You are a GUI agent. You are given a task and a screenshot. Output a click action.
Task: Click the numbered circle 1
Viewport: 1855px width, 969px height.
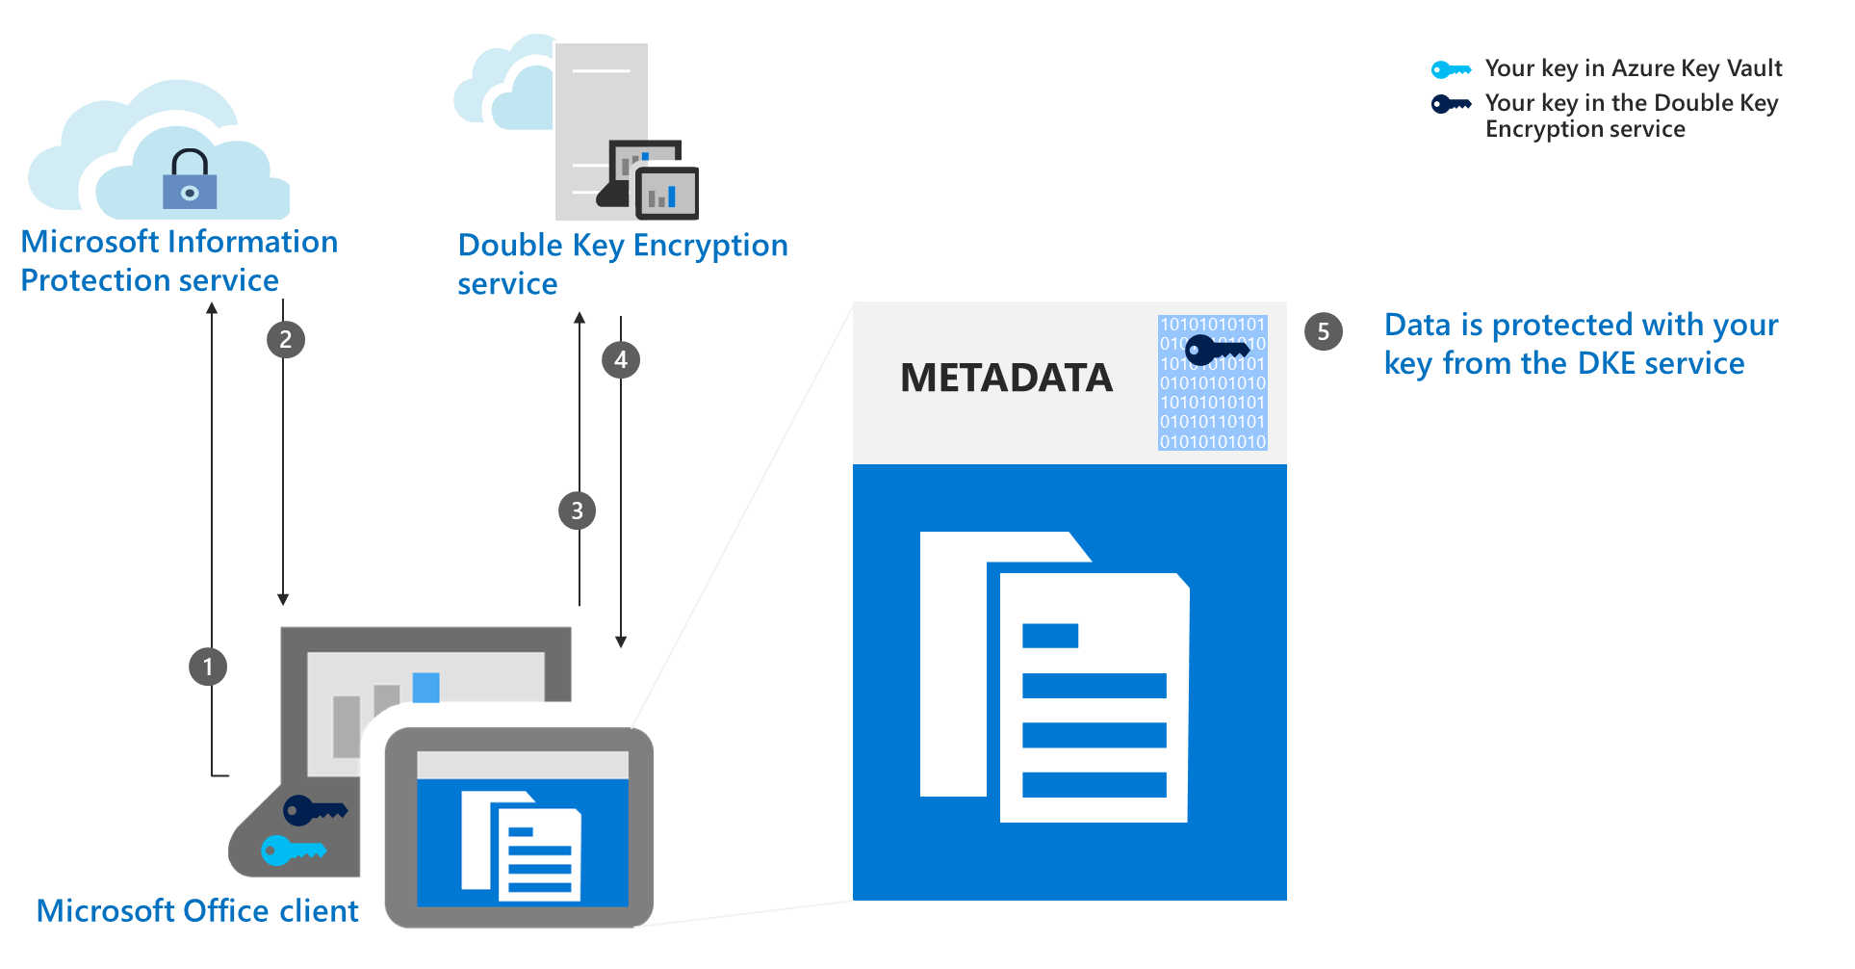(208, 667)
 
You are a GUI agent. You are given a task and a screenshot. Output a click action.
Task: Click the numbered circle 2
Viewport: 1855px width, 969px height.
(285, 339)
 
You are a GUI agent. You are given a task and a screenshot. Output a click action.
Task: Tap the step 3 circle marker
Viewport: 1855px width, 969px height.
(577, 511)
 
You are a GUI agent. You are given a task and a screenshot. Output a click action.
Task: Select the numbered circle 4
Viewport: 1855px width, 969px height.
(621, 360)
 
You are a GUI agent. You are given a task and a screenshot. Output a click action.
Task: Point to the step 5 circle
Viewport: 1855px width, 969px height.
(1324, 331)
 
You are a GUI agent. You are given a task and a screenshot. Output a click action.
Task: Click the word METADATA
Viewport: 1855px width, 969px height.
(1006, 378)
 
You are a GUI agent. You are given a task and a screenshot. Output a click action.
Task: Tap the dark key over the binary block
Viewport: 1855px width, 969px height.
(1216, 349)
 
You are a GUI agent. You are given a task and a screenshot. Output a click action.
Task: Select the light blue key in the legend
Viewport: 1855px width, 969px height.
(1450, 69)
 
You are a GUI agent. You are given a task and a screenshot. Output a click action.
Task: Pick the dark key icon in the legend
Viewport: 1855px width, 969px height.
(1450, 104)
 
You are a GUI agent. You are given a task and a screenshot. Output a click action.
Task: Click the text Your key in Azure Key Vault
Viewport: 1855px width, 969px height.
(1633, 68)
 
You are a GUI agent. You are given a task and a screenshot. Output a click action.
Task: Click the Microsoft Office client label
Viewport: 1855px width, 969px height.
(197, 910)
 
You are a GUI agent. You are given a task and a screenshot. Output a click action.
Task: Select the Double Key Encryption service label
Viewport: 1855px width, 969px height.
(622, 263)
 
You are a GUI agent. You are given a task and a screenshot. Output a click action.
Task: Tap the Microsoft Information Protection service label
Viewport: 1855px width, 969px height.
(179, 260)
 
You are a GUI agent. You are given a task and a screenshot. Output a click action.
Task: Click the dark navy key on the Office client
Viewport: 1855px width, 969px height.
(314, 810)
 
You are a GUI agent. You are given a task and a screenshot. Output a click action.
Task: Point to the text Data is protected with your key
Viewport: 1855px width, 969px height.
(1580, 344)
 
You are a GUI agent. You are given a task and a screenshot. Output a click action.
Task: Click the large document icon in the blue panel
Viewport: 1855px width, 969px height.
(1055, 676)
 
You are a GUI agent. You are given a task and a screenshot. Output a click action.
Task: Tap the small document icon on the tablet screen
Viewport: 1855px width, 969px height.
(521, 845)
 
